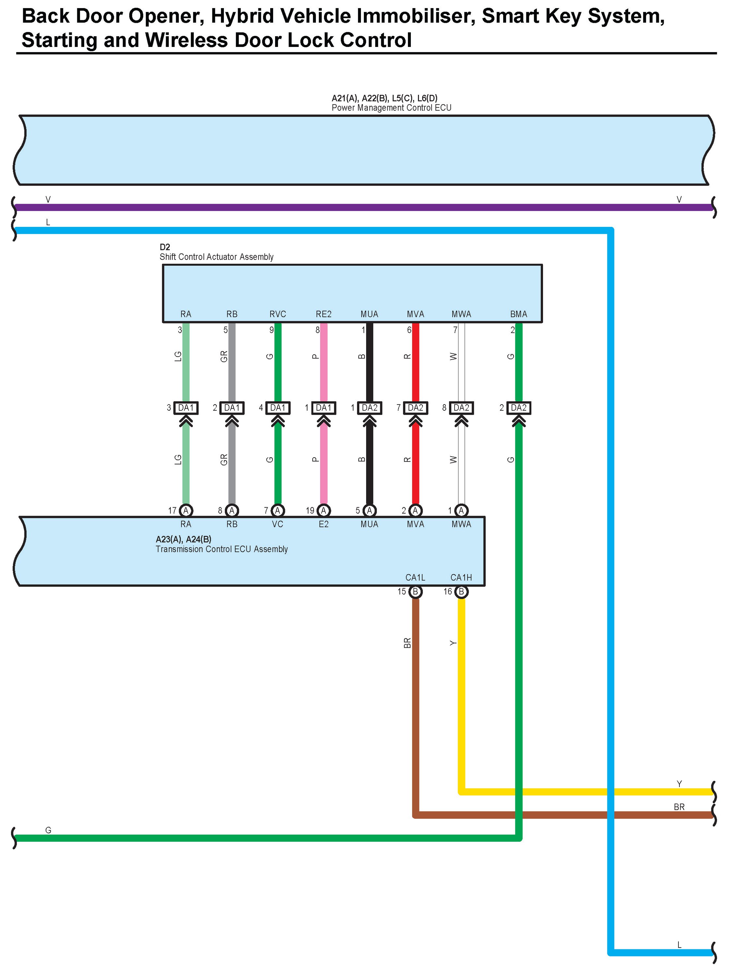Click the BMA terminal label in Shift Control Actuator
pyautogui.click(x=519, y=314)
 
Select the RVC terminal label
pyautogui.click(x=278, y=314)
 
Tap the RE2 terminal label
pyautogui.click(x=323, y=314)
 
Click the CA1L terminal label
pyautogui.click(x=415, y=577)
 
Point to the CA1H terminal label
pyautogui.click(x=461, y=577)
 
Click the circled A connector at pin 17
pyautogui.click(x=186, y=511)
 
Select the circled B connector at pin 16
pyautogui.click(x=461, y=592)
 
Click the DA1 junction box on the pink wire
pyautogui.click(x=323, y=408)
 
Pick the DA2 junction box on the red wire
pyautogui.click(x=415, y=408)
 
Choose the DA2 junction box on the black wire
pyautogui.click(x=369, y=408)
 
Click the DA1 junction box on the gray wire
pyautogui.click(x=232, y=408)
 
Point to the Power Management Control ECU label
pyautogui.click(x=391, y=108)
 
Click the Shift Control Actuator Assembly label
pyautogui.click(x=216, y=257)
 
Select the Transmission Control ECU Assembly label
pyautogui.click(x=222, y=549)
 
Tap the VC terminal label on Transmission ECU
pyautogui.click(x=278, y=524)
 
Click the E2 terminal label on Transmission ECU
pyautogui.click(x=323, y=524)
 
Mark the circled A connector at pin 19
pyautogui.click(x=323, y=511)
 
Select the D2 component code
pyautogui.click(x=164, y=247)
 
